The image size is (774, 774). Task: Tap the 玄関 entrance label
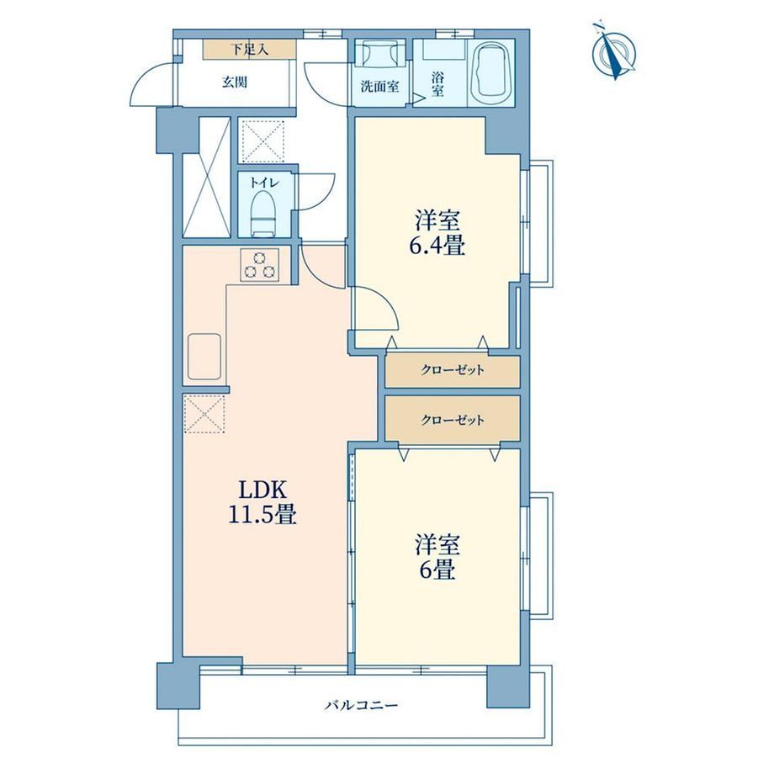[x=234, y=82]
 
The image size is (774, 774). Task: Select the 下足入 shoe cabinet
[x=249, y=49]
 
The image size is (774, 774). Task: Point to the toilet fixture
[x=263, y=213]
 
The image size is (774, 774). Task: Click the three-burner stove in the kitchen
[x=260, y=265]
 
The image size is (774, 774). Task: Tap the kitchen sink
[x=204, y=357]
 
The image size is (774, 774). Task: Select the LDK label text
[x=262, y=490]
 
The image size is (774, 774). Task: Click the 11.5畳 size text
[x=262, y=515]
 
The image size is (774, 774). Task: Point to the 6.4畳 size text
[x=437, y=246]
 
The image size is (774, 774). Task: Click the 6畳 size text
[x=437, y=570]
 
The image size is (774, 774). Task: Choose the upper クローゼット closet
[x=453, y=370]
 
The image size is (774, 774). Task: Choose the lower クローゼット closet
[x=453, y=420]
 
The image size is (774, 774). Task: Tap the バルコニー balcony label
[x=361, y=705]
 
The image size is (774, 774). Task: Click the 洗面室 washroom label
[x=379, y=87]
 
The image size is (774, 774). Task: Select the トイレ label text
[x=264, y=183]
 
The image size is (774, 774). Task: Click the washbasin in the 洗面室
[x=380, y=53]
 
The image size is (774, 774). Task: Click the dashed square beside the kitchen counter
[x=204, y=415]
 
